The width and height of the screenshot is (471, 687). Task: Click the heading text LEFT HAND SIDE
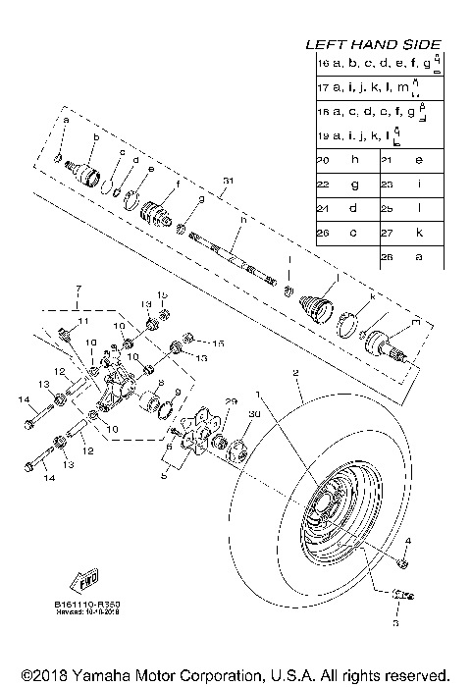[373, 44]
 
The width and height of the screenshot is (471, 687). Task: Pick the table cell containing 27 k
[410, 233]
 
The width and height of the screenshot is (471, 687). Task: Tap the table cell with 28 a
[410, 256]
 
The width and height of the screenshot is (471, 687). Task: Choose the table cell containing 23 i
[410, 184]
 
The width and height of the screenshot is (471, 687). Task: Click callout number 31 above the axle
[229, 181]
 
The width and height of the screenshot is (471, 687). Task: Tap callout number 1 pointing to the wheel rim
[259, 394]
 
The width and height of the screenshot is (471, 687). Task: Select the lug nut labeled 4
[402, 561]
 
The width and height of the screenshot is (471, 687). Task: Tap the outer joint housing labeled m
[383, 343]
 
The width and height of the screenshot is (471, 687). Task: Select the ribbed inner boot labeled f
[155, 213]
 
